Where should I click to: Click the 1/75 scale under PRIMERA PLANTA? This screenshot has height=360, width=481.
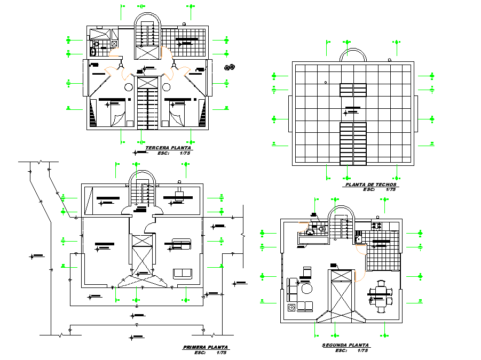click(x=222, y=353)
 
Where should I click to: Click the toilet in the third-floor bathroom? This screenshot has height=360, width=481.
click(x=94, y=52)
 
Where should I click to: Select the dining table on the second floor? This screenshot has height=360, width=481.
click(x=381, y=295)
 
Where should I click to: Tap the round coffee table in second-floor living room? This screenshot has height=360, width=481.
click(x=306, y=289)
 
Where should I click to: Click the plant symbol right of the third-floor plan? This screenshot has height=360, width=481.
click(x=230, y=67)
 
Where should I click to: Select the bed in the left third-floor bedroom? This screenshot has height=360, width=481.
click(x=118, y=114)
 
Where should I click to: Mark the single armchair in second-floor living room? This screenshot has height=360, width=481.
click(x=307, y=272)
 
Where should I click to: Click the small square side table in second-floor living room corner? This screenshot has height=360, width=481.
click(x=291, y=307)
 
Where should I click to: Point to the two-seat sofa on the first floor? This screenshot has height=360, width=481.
click(x=182, y=273)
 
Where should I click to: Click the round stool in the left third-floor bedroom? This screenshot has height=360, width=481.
click(x=129, y=86)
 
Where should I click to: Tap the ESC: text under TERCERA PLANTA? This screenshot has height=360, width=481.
click(x=161, y=154)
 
